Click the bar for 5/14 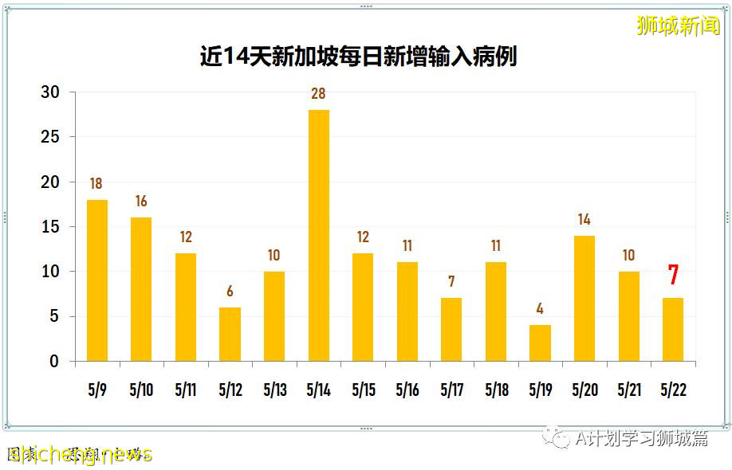pyautogui.click(x=318, y=236)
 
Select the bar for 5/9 pyautogui.click(x=97, y=280)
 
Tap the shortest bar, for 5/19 pyautogui.click(x=540, y=343)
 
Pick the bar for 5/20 pyautogui.click(x=584, y=299)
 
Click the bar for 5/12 pyautogui.click(x=230, y=335)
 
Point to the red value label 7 pyautogui.click(x=673, y=275)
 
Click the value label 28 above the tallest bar pyautogui.click(x=318, y=94)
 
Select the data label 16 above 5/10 pyautogui.click(x=141, y=202)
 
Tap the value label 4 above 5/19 pyautogui.click(x=540, y=309)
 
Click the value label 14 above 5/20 pyautogui.click(x=584, y=220)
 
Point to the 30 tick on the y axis pyautogui.click(x=50, y=92)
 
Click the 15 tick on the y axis pyautogui.click(x=50, y=227)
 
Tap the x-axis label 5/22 pyautogui.click(x=673, y=391)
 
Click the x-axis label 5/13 pyautogui.click(x=274, y=391)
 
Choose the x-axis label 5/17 pyautogui.click(x=451, y=391)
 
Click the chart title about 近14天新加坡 pyautogui.click(x=358, y=57)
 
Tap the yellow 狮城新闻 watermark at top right pyautogui.click(x=679, y=25)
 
